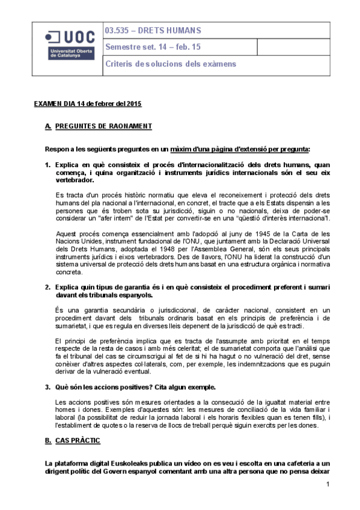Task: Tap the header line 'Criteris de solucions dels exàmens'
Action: click(x=171, y=64)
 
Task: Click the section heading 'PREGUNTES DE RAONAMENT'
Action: click(x=103, y=126)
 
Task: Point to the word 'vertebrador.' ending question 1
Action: click(x=74, y=180)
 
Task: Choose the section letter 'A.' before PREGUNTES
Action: click(x=48, y=126)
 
